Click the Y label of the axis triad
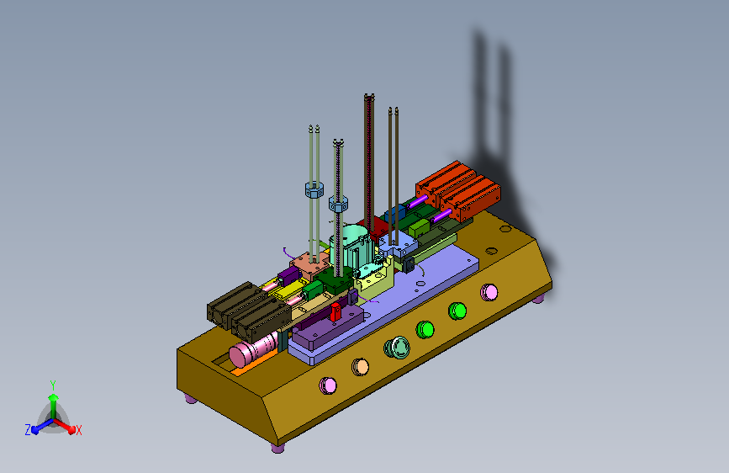point(53,385)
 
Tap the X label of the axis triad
point(78,431)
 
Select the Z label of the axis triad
point(28,430)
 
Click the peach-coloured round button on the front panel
point(361,367)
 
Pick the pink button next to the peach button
point(328,385)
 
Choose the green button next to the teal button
point(425,330)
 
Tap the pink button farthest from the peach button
point(489,292)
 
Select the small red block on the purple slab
point(335,312)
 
